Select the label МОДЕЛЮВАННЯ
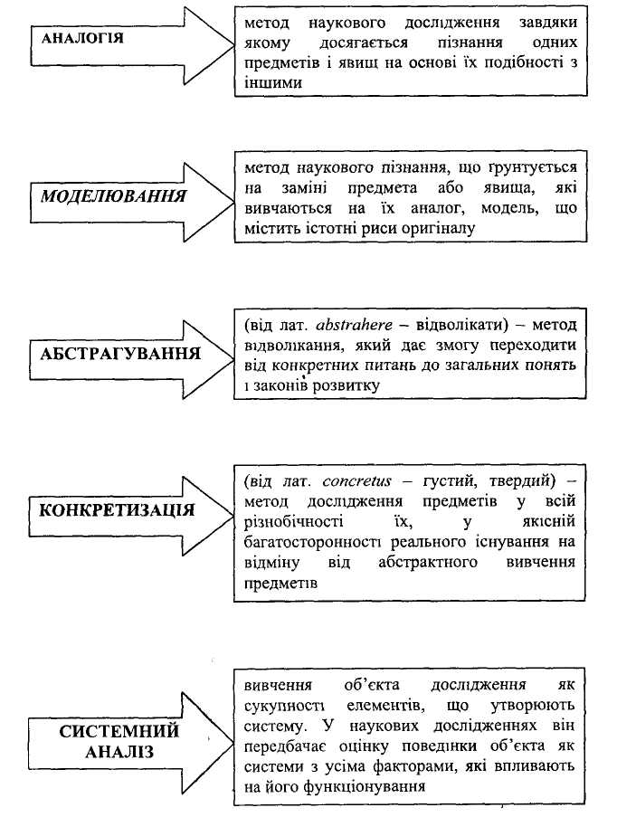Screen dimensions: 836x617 point(113,196)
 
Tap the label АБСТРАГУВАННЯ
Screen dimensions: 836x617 point(119,352)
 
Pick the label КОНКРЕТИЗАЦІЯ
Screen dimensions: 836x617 point(117,508)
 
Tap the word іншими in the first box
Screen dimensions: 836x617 point(272,82)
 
